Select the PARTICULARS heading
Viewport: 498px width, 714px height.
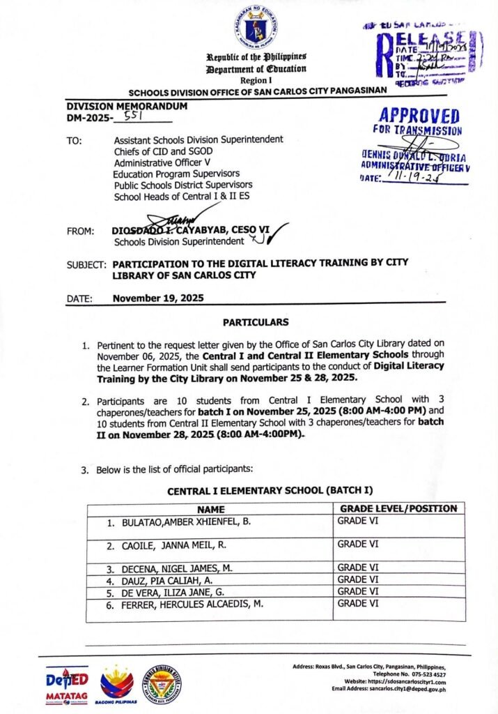(255, 323)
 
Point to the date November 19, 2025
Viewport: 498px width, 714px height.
(158, 298)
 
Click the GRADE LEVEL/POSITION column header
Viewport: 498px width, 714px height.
(397, 509)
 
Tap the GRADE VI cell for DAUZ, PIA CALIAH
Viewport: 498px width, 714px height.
(358, 579)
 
